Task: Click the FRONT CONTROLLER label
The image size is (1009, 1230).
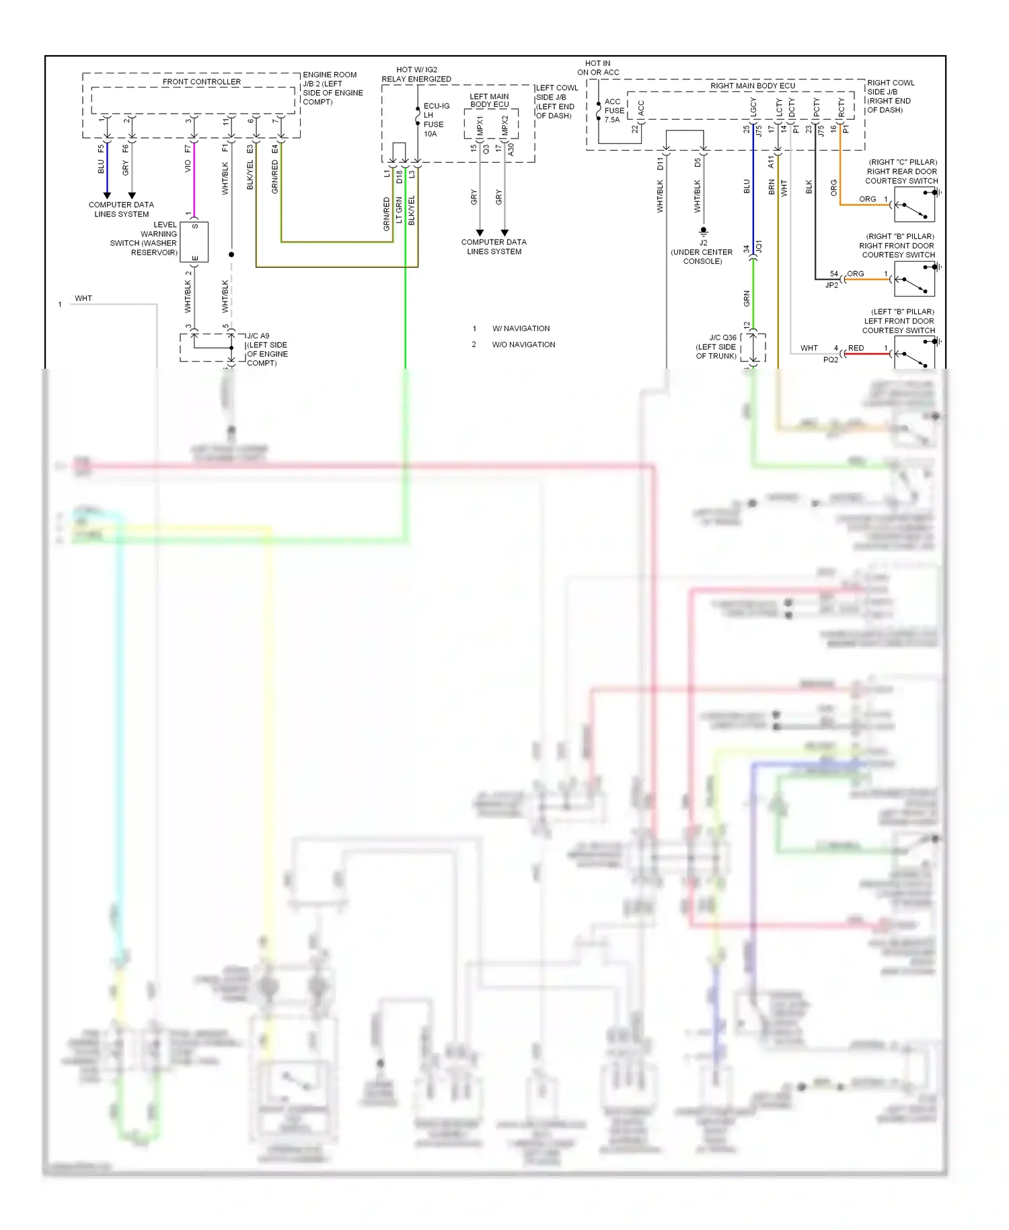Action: [x=201, y=81]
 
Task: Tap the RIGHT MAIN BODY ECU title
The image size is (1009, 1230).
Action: [x=752, y=85]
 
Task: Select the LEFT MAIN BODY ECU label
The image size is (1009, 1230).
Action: [x=489, y=100]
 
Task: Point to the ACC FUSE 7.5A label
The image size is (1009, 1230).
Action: [x=613, y=111]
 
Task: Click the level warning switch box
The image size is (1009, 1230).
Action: [x=194, y=242]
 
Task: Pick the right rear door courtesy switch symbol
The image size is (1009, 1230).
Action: [x=914, y=205]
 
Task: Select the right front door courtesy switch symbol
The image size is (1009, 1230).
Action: [x=914, y=279]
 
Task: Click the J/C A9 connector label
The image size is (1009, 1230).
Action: [x=266, y=349]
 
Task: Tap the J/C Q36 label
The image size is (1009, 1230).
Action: [x=717, y=347]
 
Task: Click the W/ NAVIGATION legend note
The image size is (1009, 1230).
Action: [x=521, y=328]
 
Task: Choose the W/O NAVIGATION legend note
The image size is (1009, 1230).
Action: [x=523, y=345]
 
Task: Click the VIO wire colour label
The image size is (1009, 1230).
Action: [x=188, y=166]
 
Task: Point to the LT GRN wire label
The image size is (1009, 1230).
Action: [x=399, y=210]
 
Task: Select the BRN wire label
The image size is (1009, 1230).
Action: [x=772, y=188]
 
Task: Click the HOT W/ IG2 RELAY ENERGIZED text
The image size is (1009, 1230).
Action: [x=416, y=74]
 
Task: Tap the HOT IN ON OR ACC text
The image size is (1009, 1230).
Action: [x=598, y=68]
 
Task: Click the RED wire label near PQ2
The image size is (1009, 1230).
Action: [x=856, y=348]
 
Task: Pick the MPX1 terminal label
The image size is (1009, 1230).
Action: [x=480, y=126]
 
